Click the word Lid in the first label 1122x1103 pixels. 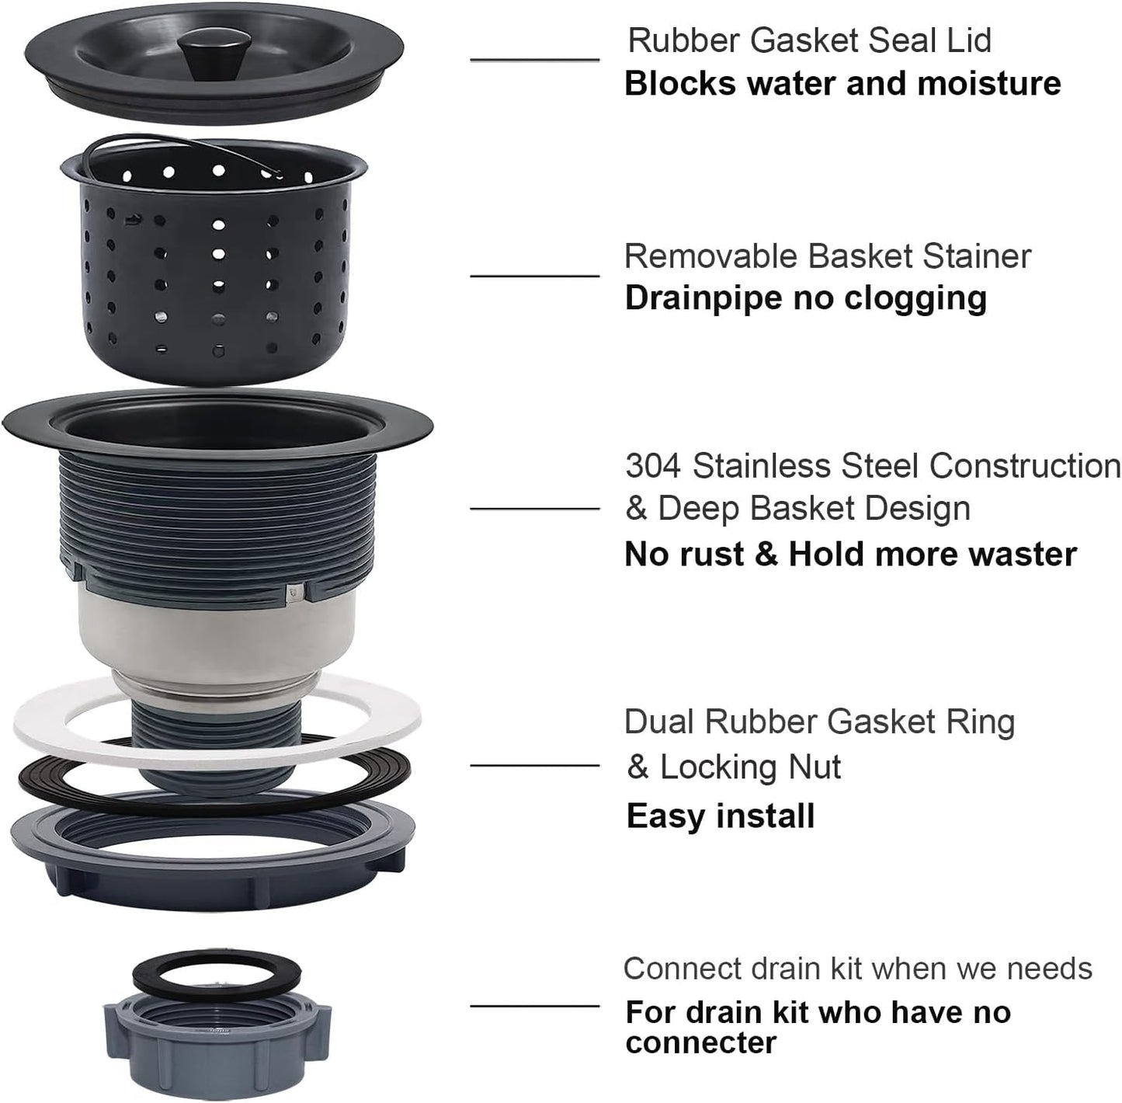969,40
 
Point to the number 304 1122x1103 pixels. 653,466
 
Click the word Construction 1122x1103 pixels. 1025,466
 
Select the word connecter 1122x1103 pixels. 700,1043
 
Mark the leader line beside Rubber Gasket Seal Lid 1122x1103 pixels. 534,60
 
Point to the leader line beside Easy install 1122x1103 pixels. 534,766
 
